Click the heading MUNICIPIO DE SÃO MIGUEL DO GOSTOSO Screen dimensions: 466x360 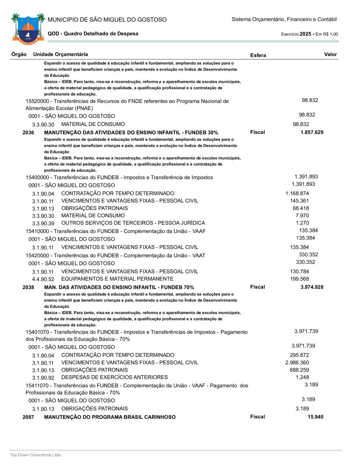point(107,20)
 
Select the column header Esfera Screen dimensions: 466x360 point(258,55)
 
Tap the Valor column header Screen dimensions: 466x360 point(330,54)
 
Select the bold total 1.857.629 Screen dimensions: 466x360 point(312,132)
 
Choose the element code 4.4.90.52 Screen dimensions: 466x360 point(43,279)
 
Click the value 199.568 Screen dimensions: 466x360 point(299,279)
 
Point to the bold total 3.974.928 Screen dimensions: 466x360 point(312,287)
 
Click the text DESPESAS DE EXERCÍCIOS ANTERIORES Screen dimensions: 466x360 point(114,377)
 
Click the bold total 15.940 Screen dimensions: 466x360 point(315,417)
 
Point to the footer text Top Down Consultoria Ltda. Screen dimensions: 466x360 point(36,455)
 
